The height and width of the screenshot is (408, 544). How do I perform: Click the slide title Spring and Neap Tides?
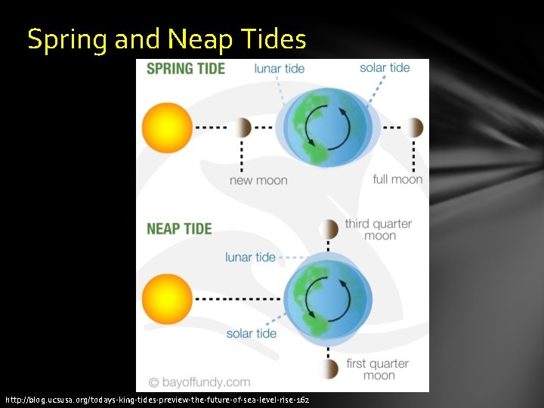166,39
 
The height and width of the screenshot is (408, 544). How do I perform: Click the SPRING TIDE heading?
185,69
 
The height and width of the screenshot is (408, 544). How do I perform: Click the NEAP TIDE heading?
178,228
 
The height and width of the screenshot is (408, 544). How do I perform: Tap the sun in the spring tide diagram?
167,128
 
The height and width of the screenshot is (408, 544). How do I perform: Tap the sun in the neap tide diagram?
167,298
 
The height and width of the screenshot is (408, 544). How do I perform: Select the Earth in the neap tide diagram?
328,298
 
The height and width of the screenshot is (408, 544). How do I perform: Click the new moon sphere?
242,128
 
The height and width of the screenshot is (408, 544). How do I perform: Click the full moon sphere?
413,128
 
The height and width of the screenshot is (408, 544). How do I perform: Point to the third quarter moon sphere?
329,229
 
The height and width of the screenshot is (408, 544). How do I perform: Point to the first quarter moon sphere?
329,369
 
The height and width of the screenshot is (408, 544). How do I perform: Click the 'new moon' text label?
258,181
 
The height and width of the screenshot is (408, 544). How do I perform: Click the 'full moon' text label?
397,180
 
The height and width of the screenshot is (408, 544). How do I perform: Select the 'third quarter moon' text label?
379,230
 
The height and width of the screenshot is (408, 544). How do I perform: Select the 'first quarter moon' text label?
379,369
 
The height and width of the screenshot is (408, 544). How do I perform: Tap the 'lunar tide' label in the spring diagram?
280,69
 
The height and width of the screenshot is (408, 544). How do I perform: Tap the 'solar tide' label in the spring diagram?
385,68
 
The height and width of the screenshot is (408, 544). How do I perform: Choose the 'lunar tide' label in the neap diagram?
250,258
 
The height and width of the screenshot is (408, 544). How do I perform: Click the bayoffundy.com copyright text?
199,382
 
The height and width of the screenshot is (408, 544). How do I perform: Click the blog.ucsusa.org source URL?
156,399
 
